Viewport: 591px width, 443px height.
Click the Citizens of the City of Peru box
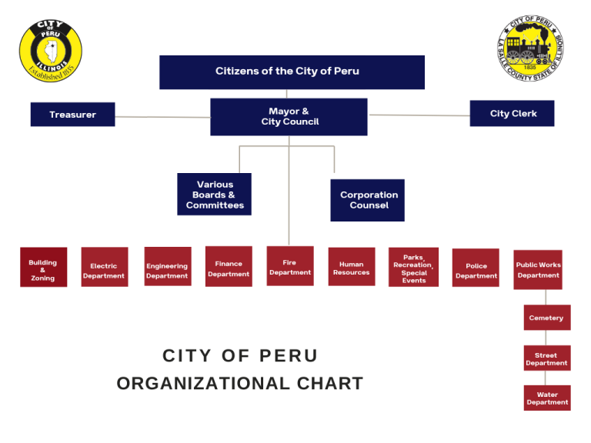pos(292,72)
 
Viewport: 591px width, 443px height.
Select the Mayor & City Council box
pos(289,117)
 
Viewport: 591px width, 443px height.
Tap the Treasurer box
pos(72,115)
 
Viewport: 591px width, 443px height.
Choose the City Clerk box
pos(513,113)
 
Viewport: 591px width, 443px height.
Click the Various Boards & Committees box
pos(214,195)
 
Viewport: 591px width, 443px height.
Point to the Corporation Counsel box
pos(368,200)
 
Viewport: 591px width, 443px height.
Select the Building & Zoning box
pos(43,268)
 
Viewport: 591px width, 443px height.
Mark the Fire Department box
pos(290,266)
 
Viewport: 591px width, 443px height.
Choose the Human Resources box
pos(351,267)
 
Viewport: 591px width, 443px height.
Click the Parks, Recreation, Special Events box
pos(413,268)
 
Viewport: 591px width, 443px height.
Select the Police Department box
pos(476,268)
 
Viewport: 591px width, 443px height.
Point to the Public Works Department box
pos(538,269)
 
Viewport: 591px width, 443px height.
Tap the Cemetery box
pos(546,318)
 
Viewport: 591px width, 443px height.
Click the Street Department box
pos(546,358)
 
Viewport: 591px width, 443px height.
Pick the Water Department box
pos(547,398)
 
